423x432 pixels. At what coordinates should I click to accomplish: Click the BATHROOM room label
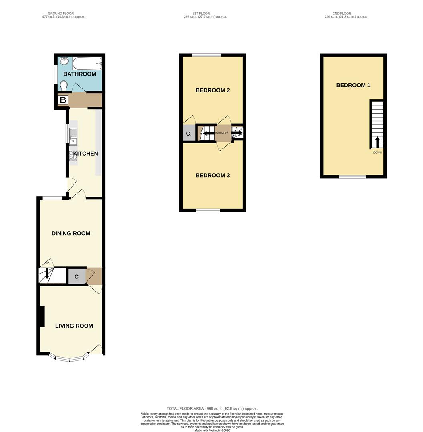click(x=80, y=74)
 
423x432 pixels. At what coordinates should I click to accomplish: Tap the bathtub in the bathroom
click(x=87, y=63)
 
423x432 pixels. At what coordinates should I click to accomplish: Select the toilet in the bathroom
click(x=64, y=86)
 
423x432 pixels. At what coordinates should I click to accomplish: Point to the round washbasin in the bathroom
click(x=64, y=61)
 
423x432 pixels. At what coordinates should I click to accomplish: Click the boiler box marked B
click(x=63, y=100)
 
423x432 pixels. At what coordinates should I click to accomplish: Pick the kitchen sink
click(x=73, y=137)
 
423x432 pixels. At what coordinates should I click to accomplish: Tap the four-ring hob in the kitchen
click(x=73, y=156)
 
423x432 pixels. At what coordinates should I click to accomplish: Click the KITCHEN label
click(x=86, y=154)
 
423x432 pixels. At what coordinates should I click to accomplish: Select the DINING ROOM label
click(x=71, y=233)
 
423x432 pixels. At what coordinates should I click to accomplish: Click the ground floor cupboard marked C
click(x=77, y=276)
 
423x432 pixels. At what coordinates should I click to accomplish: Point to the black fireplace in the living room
click(x=42, y=316)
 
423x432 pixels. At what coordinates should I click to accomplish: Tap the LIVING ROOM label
click(x=74, y=326)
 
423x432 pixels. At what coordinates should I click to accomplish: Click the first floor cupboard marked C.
click(x=189, y=134)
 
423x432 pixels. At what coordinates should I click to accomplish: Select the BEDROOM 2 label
click(x=213, y=90)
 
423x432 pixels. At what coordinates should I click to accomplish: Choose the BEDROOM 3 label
click(x=213, y=176)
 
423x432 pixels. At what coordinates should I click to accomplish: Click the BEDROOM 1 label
click(x=353, y=86)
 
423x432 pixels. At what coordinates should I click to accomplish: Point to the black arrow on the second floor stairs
click(x=377, y=142)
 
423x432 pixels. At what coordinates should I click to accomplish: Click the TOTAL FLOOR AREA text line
click(x=212, y=408)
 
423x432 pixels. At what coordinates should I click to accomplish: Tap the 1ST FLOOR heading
click(x=201, y=14)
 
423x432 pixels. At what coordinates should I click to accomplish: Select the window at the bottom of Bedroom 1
click(x=352, y=177)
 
